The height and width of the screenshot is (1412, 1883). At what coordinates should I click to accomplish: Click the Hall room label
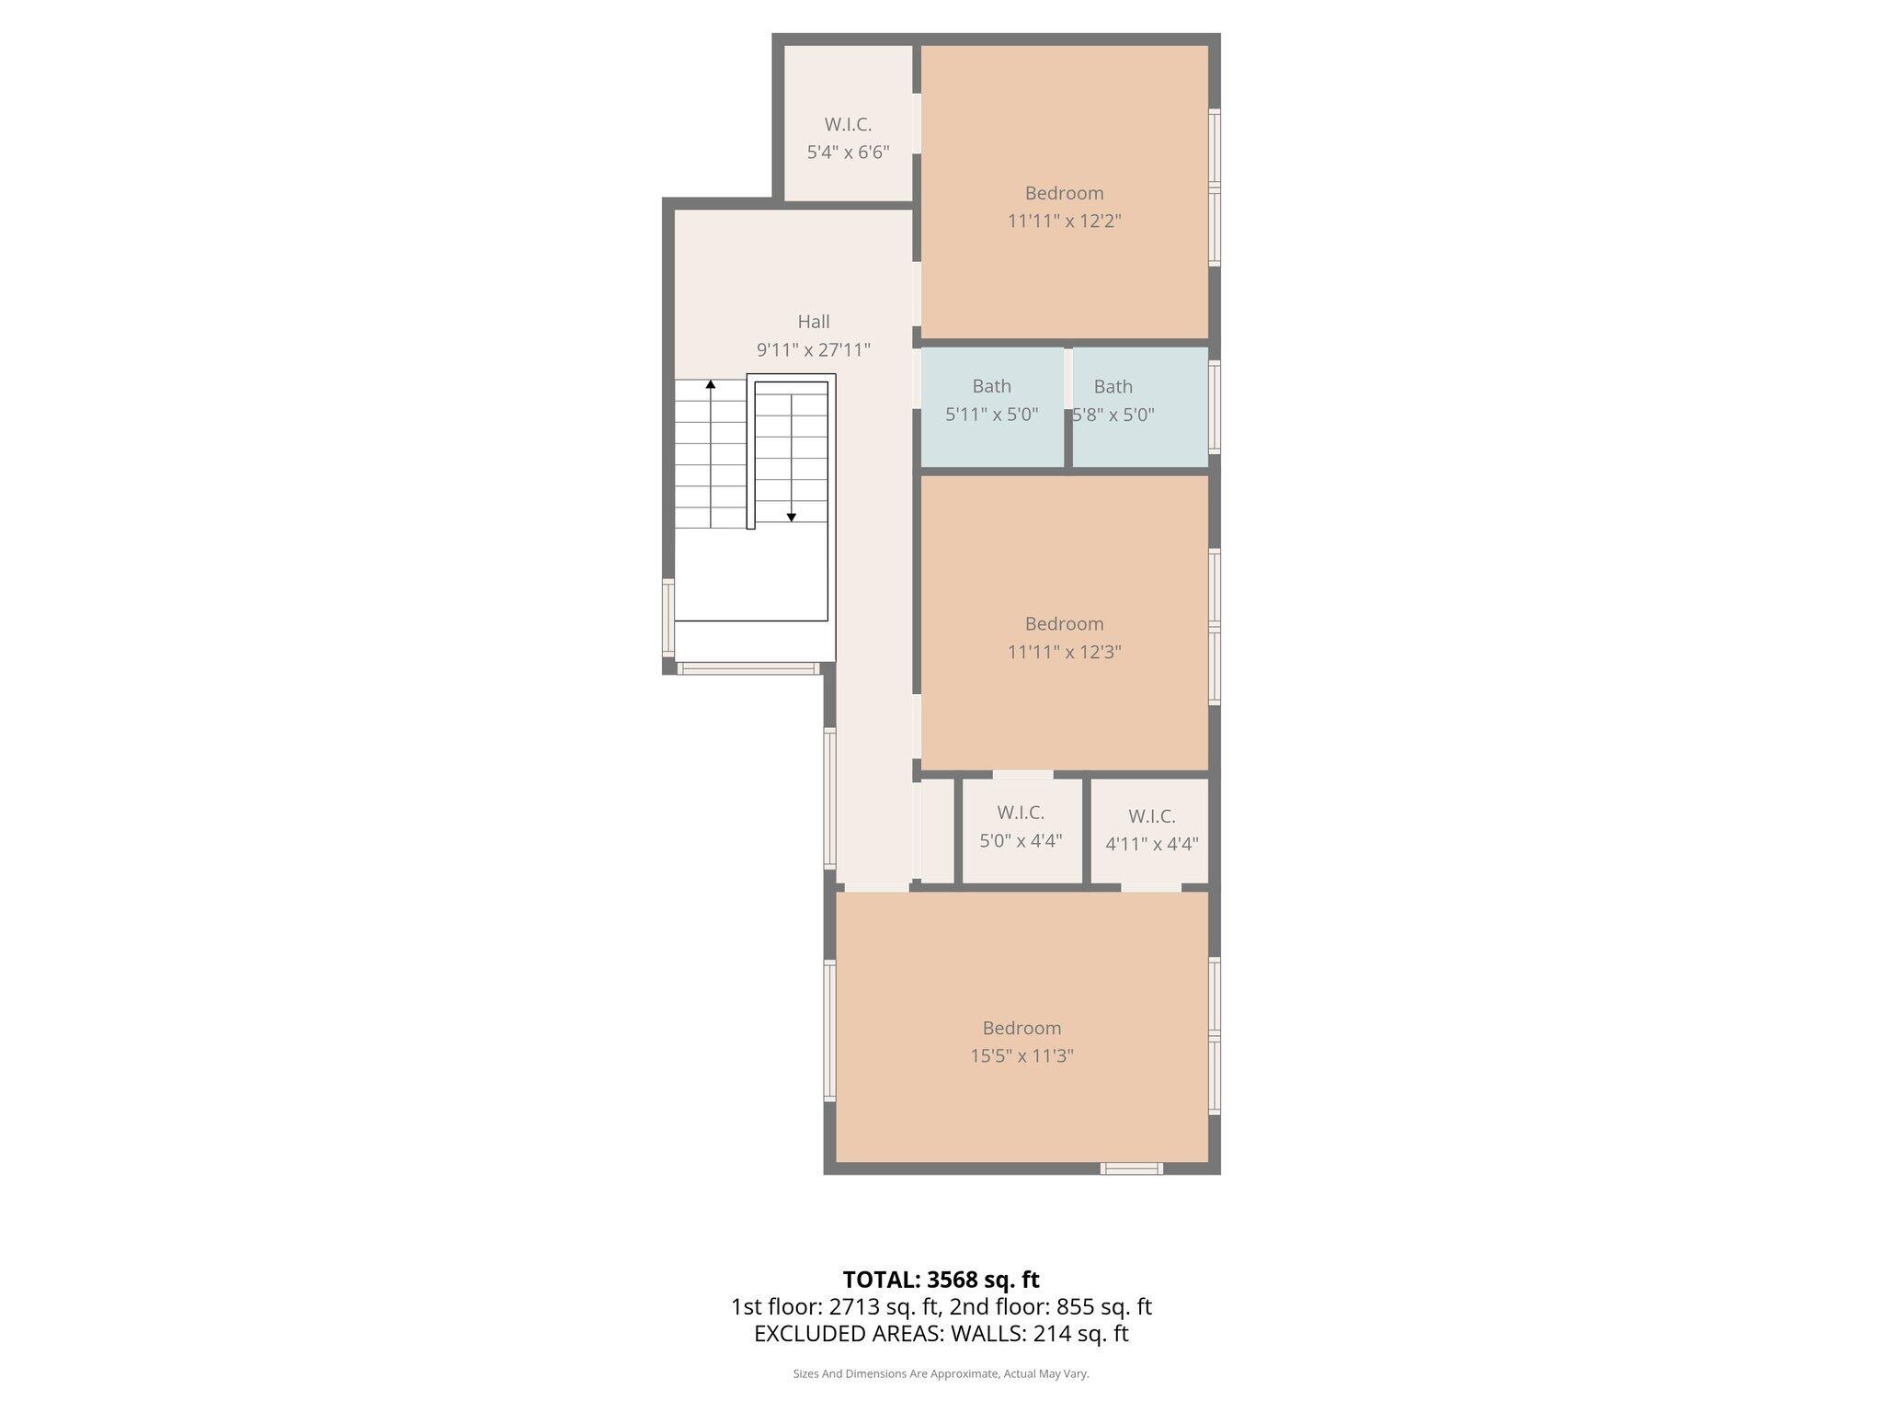[813, 322]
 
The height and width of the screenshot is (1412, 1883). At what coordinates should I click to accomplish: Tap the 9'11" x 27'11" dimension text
[813, 350]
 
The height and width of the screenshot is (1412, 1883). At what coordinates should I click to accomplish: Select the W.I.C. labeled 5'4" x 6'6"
[848, 139]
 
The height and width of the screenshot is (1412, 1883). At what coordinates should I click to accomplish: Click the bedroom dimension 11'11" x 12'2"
[1064, 222]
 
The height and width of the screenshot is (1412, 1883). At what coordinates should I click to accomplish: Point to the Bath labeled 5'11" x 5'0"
[991, 401]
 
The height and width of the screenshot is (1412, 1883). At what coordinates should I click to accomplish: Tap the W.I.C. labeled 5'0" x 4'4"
[1021, 826]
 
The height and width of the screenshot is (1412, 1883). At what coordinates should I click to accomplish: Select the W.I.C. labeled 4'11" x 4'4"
[1151, 830]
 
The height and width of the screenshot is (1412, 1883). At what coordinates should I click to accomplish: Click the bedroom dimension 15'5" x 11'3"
[1021, 1056]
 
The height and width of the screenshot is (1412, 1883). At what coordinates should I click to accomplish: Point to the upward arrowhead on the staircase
[710, 384]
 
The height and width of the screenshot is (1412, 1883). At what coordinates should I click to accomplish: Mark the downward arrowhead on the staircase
[791, 518]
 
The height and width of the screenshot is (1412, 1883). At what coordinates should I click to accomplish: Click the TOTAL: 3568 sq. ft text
[941, 1280]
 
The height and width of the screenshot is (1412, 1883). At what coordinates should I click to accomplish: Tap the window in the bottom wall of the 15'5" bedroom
[1132, 1168]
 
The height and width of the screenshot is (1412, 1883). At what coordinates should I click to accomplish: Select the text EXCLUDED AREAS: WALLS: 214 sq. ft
[941, 1334]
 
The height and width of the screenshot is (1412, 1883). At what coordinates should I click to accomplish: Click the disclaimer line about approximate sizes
[941, 1374]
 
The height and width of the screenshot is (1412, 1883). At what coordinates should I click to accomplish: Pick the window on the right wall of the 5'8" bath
[1214, 407]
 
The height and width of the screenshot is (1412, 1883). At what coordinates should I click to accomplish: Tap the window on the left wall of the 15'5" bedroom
[829, 1030]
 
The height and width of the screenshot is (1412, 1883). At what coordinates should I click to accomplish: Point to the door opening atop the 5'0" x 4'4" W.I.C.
[1022, 775]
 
